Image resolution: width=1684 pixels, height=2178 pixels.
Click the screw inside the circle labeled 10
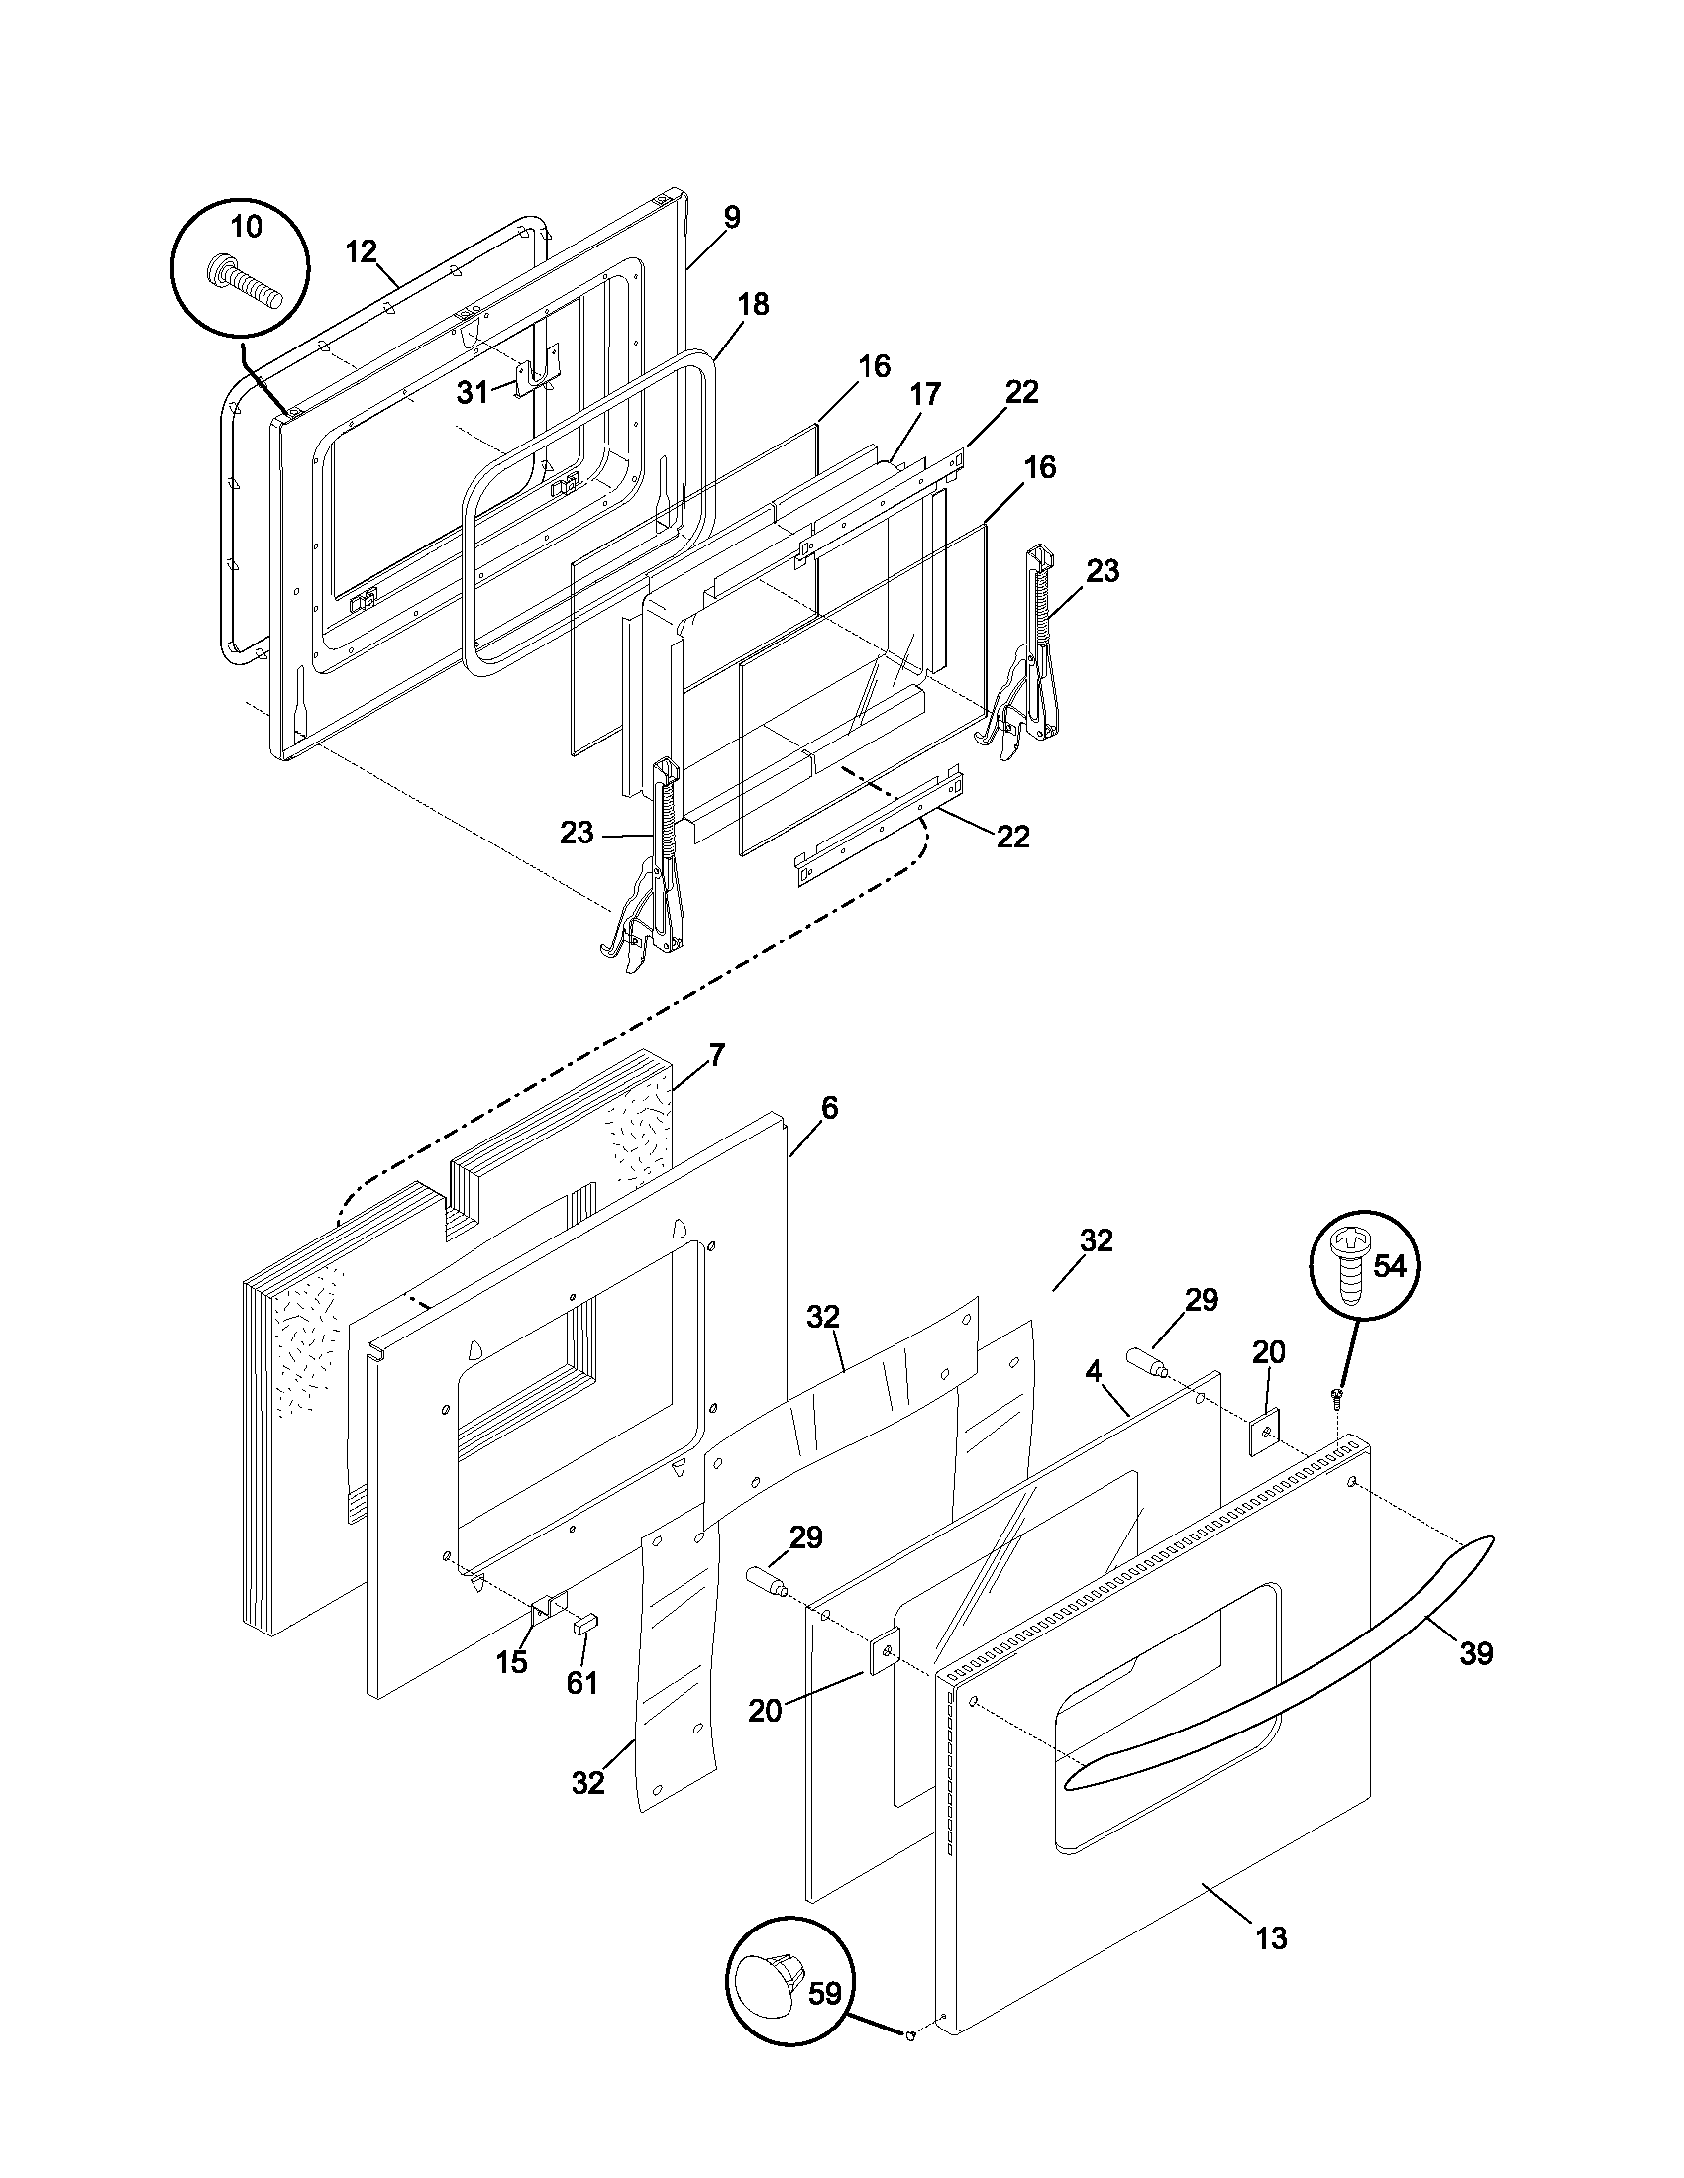click(x=245, y=283)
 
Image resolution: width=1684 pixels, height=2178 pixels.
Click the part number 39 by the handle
click(x=1476, y=1653)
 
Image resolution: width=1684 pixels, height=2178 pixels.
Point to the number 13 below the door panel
click(x=1271, y=1938)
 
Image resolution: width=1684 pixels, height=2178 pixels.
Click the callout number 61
click(x=581, y=1682)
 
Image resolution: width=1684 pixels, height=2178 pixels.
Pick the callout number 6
click(x=829, y=1107)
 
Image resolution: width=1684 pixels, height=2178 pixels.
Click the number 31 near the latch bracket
click(x=472, y=393)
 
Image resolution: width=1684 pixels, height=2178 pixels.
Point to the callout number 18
click(x=753, y=304)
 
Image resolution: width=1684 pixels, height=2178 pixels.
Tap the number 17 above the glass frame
click(x=925, y=394)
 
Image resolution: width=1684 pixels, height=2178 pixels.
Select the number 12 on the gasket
click(x=362, y=251)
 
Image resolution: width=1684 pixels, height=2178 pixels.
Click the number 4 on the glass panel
click(x=1093, y=1371)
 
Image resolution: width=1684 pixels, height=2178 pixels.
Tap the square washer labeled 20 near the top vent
click(x=1265, y=1434)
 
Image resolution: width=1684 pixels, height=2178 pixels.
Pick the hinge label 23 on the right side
click(x=1102, y=570)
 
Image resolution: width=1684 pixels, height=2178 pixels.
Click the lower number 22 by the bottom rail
click(x=1012, y=836)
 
